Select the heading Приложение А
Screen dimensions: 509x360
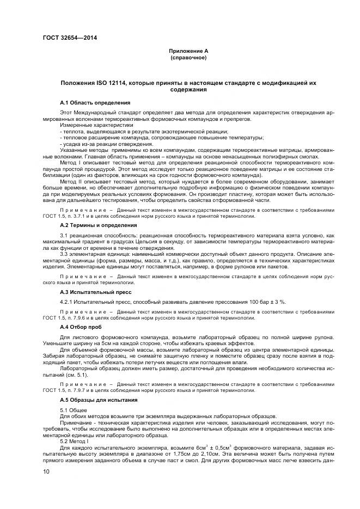pyautogui.click(x=188, y=51)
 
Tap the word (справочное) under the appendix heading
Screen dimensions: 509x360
pyautogui.click(x=188, y=57)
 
